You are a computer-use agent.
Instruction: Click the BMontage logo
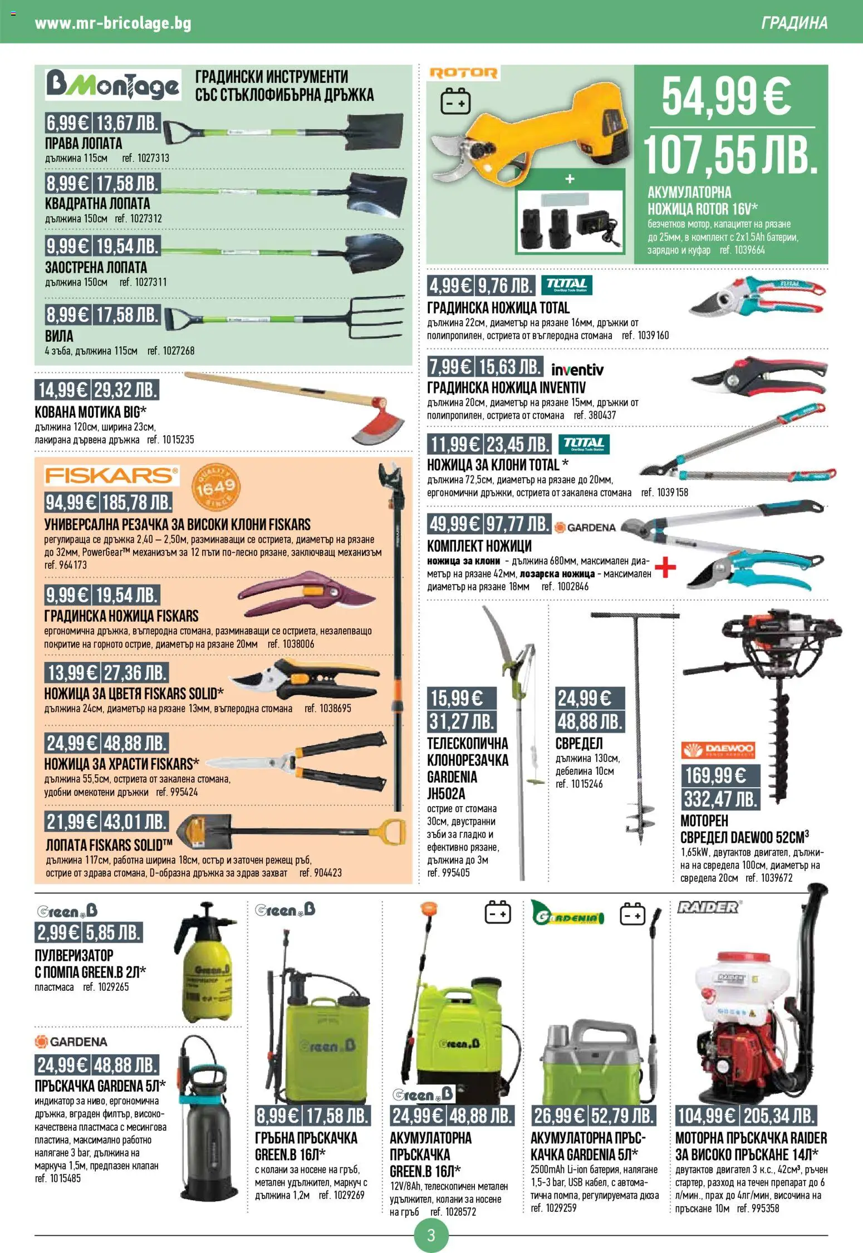(113, 85)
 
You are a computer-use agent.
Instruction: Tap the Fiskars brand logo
(111, 476)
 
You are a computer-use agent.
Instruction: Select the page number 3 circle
(431, 1236)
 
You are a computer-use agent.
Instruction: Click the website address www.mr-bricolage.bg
(113, 23)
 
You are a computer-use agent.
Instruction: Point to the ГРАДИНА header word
(794, 23)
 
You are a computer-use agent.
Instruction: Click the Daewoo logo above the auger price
(719, 750)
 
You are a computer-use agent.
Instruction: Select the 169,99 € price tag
(715, 775)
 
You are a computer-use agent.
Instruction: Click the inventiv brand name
(577, 370)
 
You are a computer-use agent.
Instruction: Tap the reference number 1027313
(146, 158)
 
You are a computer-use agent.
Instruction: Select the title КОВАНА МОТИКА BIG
(90, 412)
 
